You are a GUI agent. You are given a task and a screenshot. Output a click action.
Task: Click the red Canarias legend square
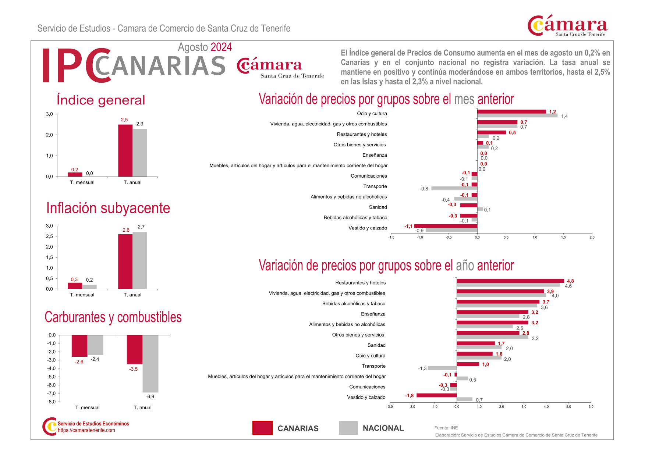262,428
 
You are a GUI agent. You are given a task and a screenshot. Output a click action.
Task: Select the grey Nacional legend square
348,428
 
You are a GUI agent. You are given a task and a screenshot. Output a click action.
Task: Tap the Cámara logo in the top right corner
567,26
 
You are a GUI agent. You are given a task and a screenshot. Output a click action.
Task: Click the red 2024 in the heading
221,47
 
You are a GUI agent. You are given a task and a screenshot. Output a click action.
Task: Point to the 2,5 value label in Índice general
124,120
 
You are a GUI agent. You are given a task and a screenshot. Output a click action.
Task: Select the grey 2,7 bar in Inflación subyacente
140,260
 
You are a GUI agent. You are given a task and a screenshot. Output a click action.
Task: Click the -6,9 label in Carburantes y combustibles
150,397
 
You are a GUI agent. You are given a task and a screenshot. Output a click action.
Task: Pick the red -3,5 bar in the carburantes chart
135,349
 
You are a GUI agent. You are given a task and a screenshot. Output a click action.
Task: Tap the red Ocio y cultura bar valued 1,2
511,112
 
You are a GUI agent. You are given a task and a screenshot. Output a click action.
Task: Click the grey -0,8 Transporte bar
454,188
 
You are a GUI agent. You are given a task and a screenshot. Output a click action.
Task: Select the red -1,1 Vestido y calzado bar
446,226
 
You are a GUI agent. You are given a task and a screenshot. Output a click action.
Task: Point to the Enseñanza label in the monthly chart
375,155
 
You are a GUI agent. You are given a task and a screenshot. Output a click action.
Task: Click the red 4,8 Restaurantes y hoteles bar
510,281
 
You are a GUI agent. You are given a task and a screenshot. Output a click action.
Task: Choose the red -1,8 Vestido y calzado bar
436,395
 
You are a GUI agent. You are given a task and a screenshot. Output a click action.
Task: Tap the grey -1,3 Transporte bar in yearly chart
442,368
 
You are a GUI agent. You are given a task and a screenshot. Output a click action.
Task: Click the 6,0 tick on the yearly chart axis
591,407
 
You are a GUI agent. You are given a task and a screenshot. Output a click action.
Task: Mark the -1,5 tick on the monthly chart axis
391,238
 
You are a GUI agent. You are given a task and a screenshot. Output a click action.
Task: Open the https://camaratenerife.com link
86,430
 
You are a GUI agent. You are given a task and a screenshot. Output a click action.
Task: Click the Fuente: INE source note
446,428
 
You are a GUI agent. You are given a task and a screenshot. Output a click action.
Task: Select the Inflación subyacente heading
108,208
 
